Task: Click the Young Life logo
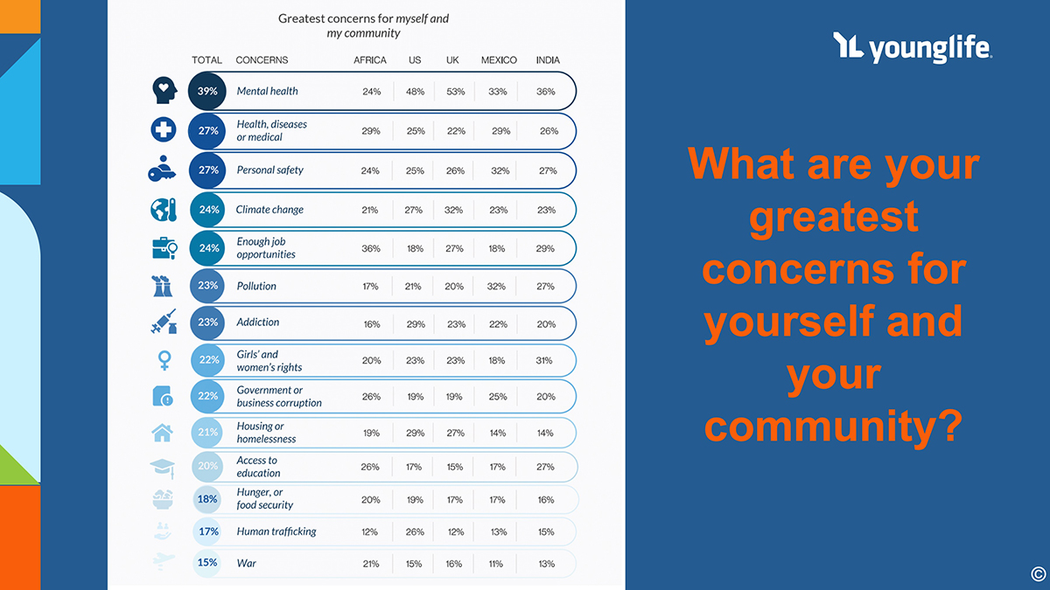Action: coord(912,48)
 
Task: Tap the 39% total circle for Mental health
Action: coord(207,91)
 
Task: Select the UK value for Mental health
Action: coord(455,91)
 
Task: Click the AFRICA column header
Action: coord(370,60)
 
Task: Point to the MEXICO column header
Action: coord(499,60)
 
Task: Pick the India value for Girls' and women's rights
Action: coord(546,360)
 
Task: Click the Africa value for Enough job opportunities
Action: coord(371,248)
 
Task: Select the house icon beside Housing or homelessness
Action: coord(163,432)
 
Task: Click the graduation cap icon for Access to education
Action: coord(163,468)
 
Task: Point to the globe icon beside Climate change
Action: coord(163,210)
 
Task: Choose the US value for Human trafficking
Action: coord(415,531)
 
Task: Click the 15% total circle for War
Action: coord(207,563)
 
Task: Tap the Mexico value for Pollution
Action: coord(498,286)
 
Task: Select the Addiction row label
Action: coord(258,322)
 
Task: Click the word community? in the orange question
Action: coord(834,427)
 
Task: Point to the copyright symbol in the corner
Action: coord(1038,574)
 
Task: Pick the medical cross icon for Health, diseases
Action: coord(164,130)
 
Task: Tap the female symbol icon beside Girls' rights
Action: coord(164,360)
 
